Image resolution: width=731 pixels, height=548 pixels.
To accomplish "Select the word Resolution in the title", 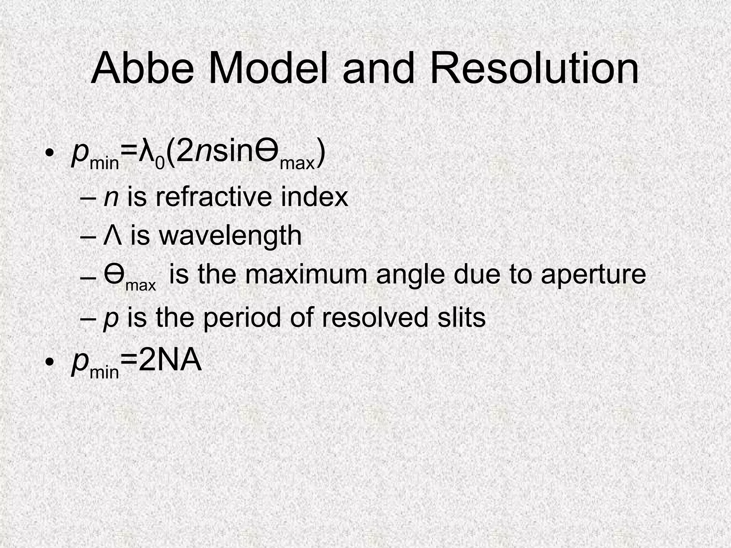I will coord(534,68).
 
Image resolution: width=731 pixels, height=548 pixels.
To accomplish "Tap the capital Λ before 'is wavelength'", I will coord(112,235).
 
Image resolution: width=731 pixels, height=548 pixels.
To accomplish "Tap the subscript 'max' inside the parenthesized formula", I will coord(298,163).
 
